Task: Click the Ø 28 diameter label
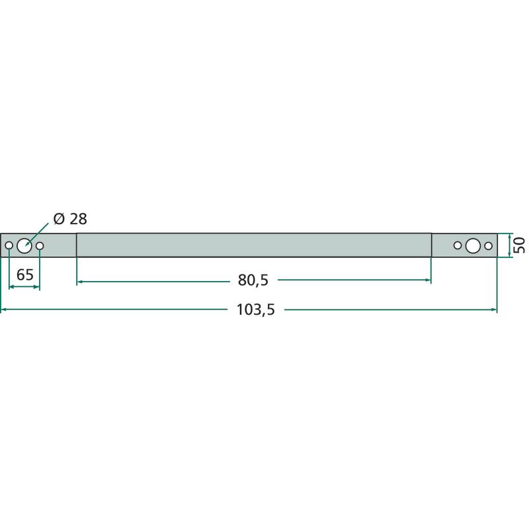point(70,219)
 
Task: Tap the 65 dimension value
point(25,275)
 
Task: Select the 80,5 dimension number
point(253,280)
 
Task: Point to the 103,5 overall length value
point(256,309)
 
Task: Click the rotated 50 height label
point(519,245)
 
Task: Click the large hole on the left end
point(24,245)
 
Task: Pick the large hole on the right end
point(473,245)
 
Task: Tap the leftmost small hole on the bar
point(9,245)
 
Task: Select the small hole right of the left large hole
point(40,245)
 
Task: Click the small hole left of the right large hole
point(458,245)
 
